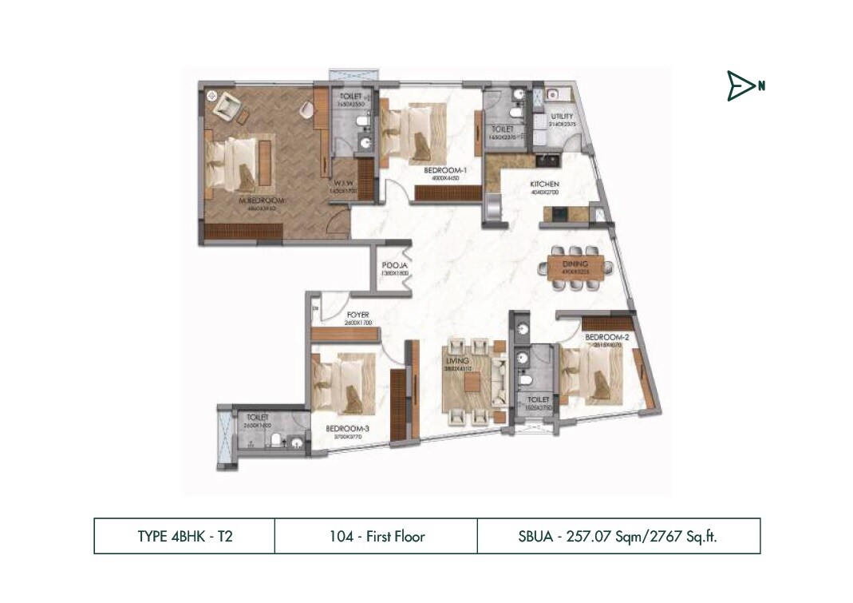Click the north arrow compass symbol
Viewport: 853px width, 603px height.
click(742, 86)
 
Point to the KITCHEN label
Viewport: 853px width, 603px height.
click(550, 184)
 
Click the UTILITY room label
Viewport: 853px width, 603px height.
click(562, 117)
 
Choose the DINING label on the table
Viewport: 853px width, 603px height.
click(575, 264)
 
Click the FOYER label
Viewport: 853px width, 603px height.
click(357, 315)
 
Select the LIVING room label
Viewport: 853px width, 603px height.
click(456, 362)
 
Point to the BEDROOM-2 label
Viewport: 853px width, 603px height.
click(608, 338)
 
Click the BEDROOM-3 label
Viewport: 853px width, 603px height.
click(347, 428)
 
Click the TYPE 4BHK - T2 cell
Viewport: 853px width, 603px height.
click(184, 536)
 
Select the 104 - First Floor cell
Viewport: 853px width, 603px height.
click(377, 536)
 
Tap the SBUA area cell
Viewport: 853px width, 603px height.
click(618, 536)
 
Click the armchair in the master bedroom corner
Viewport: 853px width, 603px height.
click(229, 102)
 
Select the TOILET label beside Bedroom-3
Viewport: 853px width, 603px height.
click(257, 418)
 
